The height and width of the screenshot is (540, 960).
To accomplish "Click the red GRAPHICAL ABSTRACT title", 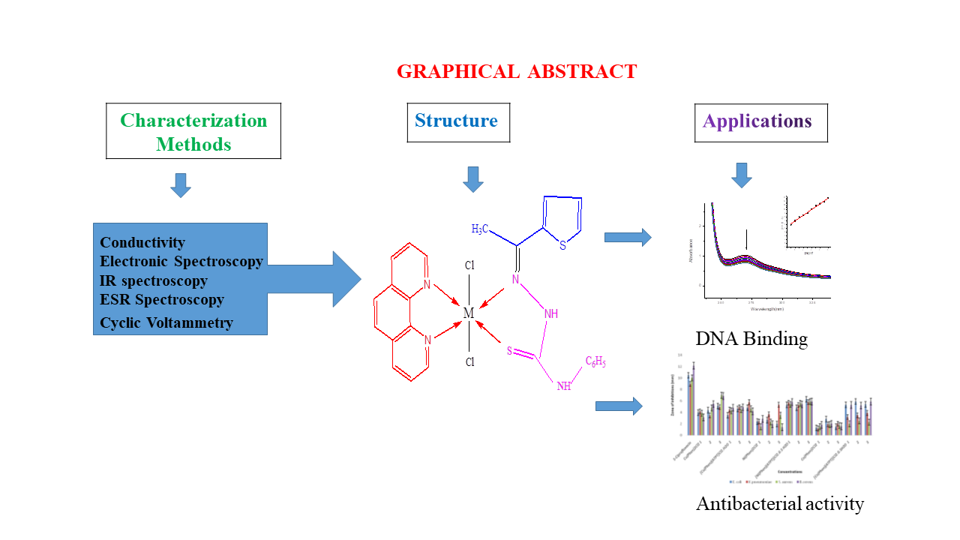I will (517, 72).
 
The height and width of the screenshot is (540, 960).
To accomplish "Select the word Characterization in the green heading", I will (193, 121).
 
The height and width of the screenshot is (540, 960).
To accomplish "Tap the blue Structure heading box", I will (457, 121).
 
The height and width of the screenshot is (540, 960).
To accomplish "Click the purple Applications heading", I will (757, 121).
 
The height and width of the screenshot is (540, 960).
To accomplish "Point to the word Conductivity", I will (142, 242).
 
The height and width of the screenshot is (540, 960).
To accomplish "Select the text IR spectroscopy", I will (154, 281).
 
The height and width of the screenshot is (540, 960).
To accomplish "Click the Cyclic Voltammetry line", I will (166, 323).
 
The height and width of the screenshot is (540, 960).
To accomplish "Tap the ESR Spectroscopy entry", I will (162, 299).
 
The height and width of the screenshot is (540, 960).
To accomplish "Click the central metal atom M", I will (469, 313).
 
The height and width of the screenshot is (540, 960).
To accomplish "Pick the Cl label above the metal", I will (469, 265).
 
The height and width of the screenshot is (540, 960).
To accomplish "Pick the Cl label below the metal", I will (469, 362).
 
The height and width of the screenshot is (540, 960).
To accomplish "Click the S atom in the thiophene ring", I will (562, 246).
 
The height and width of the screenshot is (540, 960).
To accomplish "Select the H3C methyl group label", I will (482, 229).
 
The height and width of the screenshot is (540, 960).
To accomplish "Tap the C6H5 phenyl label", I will (595, 363).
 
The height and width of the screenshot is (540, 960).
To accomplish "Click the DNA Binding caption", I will (751, 339).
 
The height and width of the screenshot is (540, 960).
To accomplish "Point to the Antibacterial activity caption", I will (780, 504).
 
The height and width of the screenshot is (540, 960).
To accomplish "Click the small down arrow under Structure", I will (473, 179).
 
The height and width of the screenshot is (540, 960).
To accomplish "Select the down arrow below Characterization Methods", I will (181, 185).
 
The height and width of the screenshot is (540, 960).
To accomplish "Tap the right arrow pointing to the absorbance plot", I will (627, 238).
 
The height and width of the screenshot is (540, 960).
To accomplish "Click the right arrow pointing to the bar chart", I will (619, 406).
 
